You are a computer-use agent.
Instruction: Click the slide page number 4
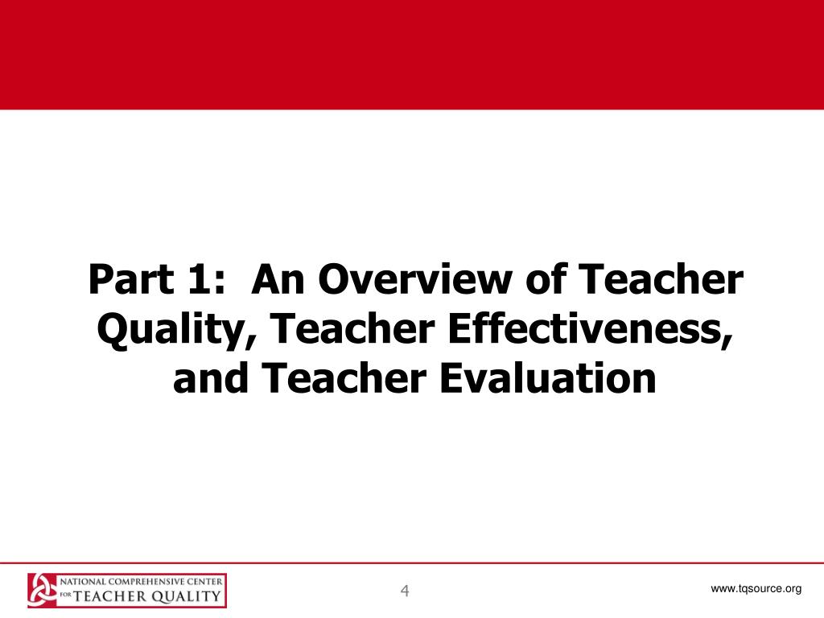[406, 591]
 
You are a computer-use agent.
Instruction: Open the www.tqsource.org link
[756, 589]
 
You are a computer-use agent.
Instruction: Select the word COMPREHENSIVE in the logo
[144, 581]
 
